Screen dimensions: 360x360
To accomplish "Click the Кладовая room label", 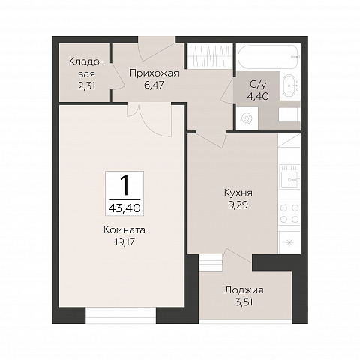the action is (85, 67).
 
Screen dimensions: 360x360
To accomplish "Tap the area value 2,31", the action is (86, 86).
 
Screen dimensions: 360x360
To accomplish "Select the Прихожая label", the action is (154, 73).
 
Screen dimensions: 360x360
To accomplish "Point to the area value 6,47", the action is (154, 85).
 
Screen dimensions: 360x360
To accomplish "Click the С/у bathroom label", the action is (258, 85).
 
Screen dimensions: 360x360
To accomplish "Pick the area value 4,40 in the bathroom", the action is (258, 96).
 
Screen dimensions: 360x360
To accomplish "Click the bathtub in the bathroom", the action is (268, 57).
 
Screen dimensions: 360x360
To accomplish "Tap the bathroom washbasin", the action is (290, 85).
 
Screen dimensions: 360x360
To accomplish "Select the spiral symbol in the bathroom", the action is (247, 118).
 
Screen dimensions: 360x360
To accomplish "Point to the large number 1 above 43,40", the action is (124, 185).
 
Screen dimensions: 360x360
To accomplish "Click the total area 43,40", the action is (124, 208).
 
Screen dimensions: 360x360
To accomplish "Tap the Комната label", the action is (124, 230).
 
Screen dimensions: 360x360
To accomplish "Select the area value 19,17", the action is (124, 241).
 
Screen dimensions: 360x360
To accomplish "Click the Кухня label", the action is (238, 193).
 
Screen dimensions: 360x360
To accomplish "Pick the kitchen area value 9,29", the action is (238, 205).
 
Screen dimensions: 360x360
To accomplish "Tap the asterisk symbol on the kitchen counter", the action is (289, 242).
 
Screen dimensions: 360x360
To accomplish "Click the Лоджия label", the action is (244, 290).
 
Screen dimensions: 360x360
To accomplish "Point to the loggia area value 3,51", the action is (244, 302).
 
